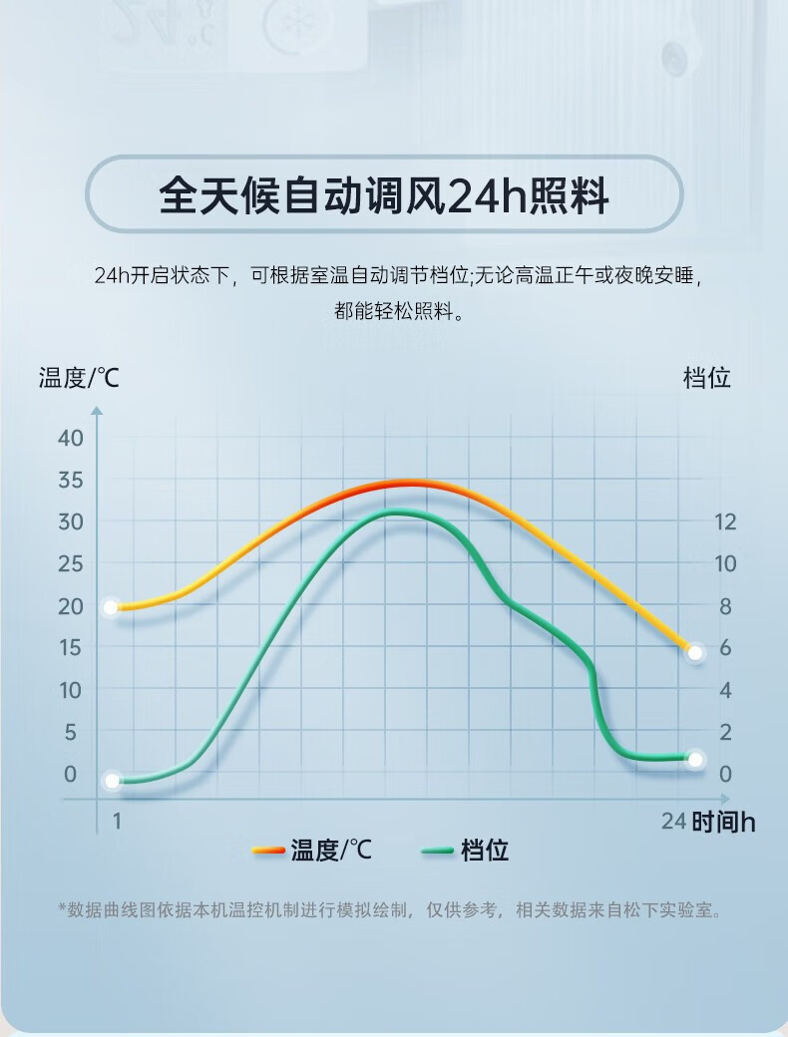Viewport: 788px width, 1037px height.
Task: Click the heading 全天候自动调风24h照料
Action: point(384,195)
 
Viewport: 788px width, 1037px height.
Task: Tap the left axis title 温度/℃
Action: point(79,378)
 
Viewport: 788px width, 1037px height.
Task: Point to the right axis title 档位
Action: point(707,378)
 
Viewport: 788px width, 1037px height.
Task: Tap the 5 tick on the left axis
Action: point(70,732)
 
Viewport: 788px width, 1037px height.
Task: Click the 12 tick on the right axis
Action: point(725,521)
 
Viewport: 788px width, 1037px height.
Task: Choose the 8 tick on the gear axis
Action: point(725,606)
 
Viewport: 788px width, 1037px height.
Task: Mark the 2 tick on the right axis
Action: point(725,732)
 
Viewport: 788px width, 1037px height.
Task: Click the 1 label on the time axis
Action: point(117,821)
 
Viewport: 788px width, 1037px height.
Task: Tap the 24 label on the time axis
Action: point(674,821)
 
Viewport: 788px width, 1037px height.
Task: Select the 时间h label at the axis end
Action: point(723,822)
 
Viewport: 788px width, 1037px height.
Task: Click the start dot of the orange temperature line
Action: point(112,607)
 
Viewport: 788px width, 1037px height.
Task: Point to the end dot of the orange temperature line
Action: point(695,652)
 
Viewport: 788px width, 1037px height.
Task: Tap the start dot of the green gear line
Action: point(112,781)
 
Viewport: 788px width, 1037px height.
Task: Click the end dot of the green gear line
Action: point(695,759)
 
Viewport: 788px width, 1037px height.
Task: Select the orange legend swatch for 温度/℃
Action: point(268,851)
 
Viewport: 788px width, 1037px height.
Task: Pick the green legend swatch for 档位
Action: point(438,851)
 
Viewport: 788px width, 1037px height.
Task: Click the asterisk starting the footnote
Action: point(62,909)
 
